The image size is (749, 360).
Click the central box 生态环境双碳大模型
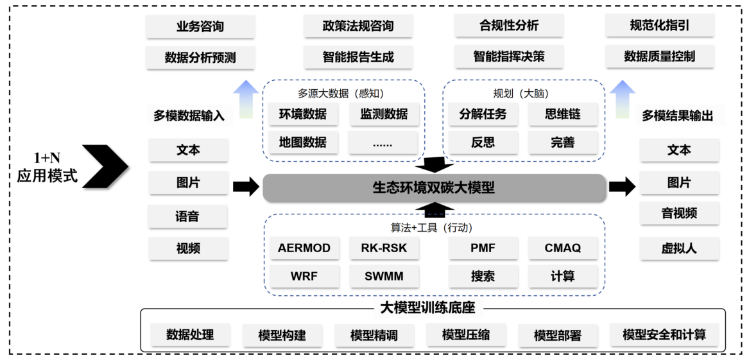[x=434, y=188]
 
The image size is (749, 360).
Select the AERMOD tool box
[x=304, y=248]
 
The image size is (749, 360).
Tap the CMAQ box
[x=562, y=248]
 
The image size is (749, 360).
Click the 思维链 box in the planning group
[x=562, y=114]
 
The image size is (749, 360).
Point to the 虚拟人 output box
[x=678, y=248]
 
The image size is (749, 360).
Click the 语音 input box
[x=187, y=217]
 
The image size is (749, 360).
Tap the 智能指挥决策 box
[x=508, y=56]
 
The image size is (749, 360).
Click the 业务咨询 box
[x=200, y=27]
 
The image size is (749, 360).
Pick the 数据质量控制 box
[x=659, y=56]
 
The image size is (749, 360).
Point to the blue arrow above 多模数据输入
[x=245, y=99]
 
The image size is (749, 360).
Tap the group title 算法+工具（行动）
[x=435, y=227]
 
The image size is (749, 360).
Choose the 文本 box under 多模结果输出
[x=678, y=150]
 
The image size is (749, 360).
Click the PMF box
[x=482, y=248]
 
